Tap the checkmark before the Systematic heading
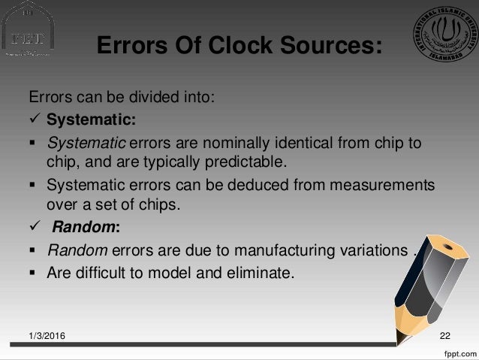[34, 119]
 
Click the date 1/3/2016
[47, 334]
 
